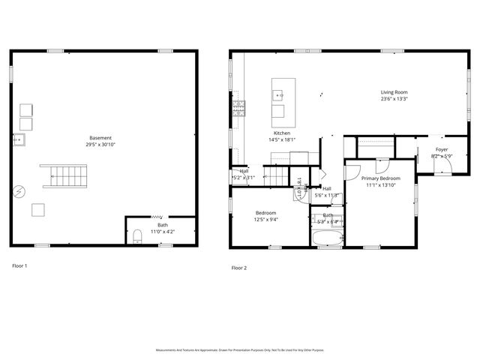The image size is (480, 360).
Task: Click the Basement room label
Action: pos(100,138)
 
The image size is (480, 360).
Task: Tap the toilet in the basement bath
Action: pos(137,238)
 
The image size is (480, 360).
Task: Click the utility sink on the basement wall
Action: pos(19,139)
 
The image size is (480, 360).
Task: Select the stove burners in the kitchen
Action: pos(238,108)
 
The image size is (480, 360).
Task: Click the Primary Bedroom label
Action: pos(380,178)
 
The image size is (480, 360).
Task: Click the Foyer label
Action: pos(441,150)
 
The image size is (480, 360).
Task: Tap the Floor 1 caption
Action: pos(20,265)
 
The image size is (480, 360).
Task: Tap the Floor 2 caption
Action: pos(239,268)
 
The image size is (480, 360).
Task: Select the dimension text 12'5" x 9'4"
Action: pos(265,220)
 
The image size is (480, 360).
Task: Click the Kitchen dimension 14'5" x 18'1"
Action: pos(282,139)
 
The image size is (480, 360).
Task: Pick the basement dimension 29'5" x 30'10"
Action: pos(100,144)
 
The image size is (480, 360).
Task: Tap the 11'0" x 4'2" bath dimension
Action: pos(162,232)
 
